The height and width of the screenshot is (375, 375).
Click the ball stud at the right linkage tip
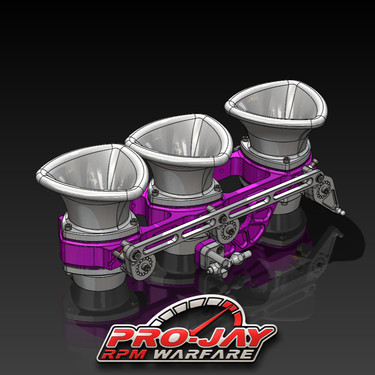pyautogui.click(x=342, y=213)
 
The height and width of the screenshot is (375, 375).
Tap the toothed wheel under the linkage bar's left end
pyautogui.click(x=143, y=266)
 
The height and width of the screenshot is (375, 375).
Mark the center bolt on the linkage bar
pyautogui.click(x=223, y=218)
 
